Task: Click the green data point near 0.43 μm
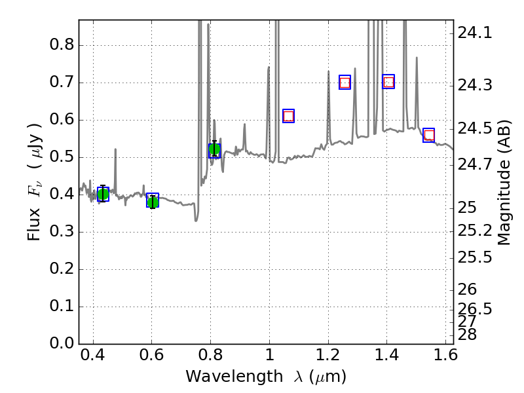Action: click(x=103, y=194)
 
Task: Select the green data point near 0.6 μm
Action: click(x=153, y=201)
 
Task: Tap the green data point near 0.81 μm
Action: click(x=214, y=150)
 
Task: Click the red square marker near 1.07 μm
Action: click(x=288, y=116)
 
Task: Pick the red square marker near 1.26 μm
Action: click(x=345, y=83)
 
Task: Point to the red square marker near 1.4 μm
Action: click(x=388, y=82)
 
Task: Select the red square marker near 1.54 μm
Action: click(x=429, y=136)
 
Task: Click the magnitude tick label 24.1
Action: click(x=475, y=33)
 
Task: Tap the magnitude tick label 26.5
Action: click(x=475, y=308)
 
